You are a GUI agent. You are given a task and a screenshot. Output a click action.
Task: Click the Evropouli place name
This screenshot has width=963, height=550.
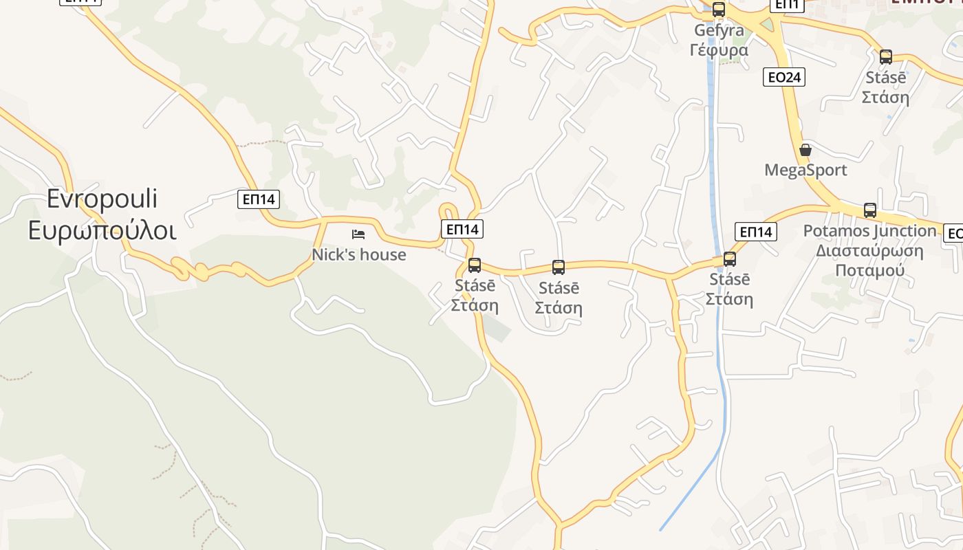(x=102, y=199)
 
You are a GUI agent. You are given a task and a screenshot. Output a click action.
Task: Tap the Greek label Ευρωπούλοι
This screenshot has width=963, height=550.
(x=102, y=230)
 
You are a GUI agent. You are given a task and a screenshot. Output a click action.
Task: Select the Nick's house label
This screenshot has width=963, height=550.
(x=359, y=255)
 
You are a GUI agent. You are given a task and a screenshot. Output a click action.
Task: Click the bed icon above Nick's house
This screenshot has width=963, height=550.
(x=358, y=234)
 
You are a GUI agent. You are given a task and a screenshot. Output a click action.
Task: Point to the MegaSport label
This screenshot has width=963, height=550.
(x=805, y=170)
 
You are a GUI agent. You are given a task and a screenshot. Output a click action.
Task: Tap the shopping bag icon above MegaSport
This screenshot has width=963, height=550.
(x=805, y=150)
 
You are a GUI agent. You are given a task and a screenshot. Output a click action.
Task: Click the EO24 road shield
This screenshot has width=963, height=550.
(x=784, y=77)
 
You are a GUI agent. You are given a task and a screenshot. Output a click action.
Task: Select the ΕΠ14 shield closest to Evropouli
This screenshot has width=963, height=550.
(x=259, y=199)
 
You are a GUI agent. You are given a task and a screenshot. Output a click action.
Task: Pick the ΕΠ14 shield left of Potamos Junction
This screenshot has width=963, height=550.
(x=756, y=232)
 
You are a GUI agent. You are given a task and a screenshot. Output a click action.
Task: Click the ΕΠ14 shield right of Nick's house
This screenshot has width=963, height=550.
(x=462, y=229)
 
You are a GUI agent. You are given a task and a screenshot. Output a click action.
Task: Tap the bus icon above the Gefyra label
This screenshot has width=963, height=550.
(x=719, y=10)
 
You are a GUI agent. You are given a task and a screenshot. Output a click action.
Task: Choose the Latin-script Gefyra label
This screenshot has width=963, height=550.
(x=719, y=30)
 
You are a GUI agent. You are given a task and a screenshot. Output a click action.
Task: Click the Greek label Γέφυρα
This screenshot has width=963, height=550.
(x=719, y=50)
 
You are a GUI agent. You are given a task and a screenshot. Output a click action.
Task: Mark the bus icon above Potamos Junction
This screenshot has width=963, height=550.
(x=870, y=210)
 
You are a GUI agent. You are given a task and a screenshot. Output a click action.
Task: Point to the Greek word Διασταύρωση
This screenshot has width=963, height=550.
(x=869, y=250)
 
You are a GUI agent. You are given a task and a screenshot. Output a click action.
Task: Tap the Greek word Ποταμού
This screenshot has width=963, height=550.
(x=869, y=269)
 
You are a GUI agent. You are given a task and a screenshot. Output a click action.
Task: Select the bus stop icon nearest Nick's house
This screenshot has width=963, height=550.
(x=475, y=265)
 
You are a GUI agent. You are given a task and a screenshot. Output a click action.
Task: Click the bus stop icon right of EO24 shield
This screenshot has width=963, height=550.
(x=886, y=57)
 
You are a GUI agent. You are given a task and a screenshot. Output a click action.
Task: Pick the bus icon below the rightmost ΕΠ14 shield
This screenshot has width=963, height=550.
(x=730, y=259)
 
